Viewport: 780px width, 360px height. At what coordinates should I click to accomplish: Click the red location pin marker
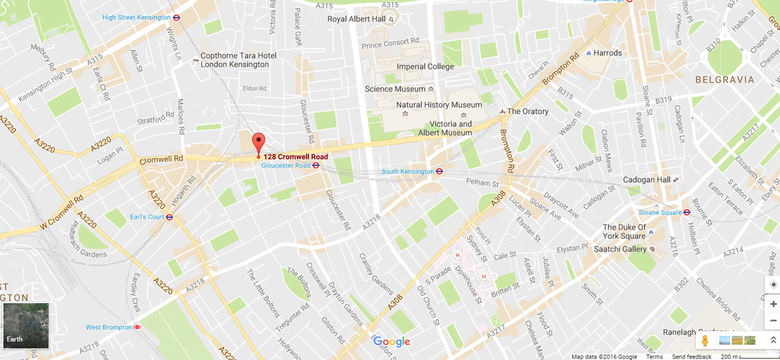coord(259,143)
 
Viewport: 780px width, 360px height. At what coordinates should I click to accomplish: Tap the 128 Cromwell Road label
coord(295,157)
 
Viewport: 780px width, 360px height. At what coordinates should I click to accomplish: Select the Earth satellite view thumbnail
coord(26,325)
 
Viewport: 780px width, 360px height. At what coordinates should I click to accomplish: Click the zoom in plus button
coord(773,304)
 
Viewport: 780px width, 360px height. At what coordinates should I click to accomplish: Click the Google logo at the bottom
coord(392,342)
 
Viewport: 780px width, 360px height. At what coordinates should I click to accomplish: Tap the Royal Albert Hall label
coord(357,19)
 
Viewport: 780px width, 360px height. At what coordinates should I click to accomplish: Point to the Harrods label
coord(607,53)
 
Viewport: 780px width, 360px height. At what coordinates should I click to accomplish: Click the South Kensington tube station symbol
coord(439,172)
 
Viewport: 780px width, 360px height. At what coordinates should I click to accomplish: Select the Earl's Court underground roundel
coord(169,217)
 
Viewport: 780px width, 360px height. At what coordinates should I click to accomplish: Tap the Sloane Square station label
coord(660,213)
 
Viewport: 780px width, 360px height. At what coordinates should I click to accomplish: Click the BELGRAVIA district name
coord(725,80)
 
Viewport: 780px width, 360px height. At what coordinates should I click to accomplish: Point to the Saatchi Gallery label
coord(620,249)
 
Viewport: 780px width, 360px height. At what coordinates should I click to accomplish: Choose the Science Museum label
coord(395,89)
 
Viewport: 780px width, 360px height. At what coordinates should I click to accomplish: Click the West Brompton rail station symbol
coord(138,327)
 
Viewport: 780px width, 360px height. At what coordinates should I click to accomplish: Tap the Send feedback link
coord(691,357)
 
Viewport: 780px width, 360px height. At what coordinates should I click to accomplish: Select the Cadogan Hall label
coord(647,180)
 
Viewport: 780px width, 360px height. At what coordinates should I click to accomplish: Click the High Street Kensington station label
coord(136,17)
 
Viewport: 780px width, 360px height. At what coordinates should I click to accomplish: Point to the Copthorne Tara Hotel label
coord(238,60)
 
